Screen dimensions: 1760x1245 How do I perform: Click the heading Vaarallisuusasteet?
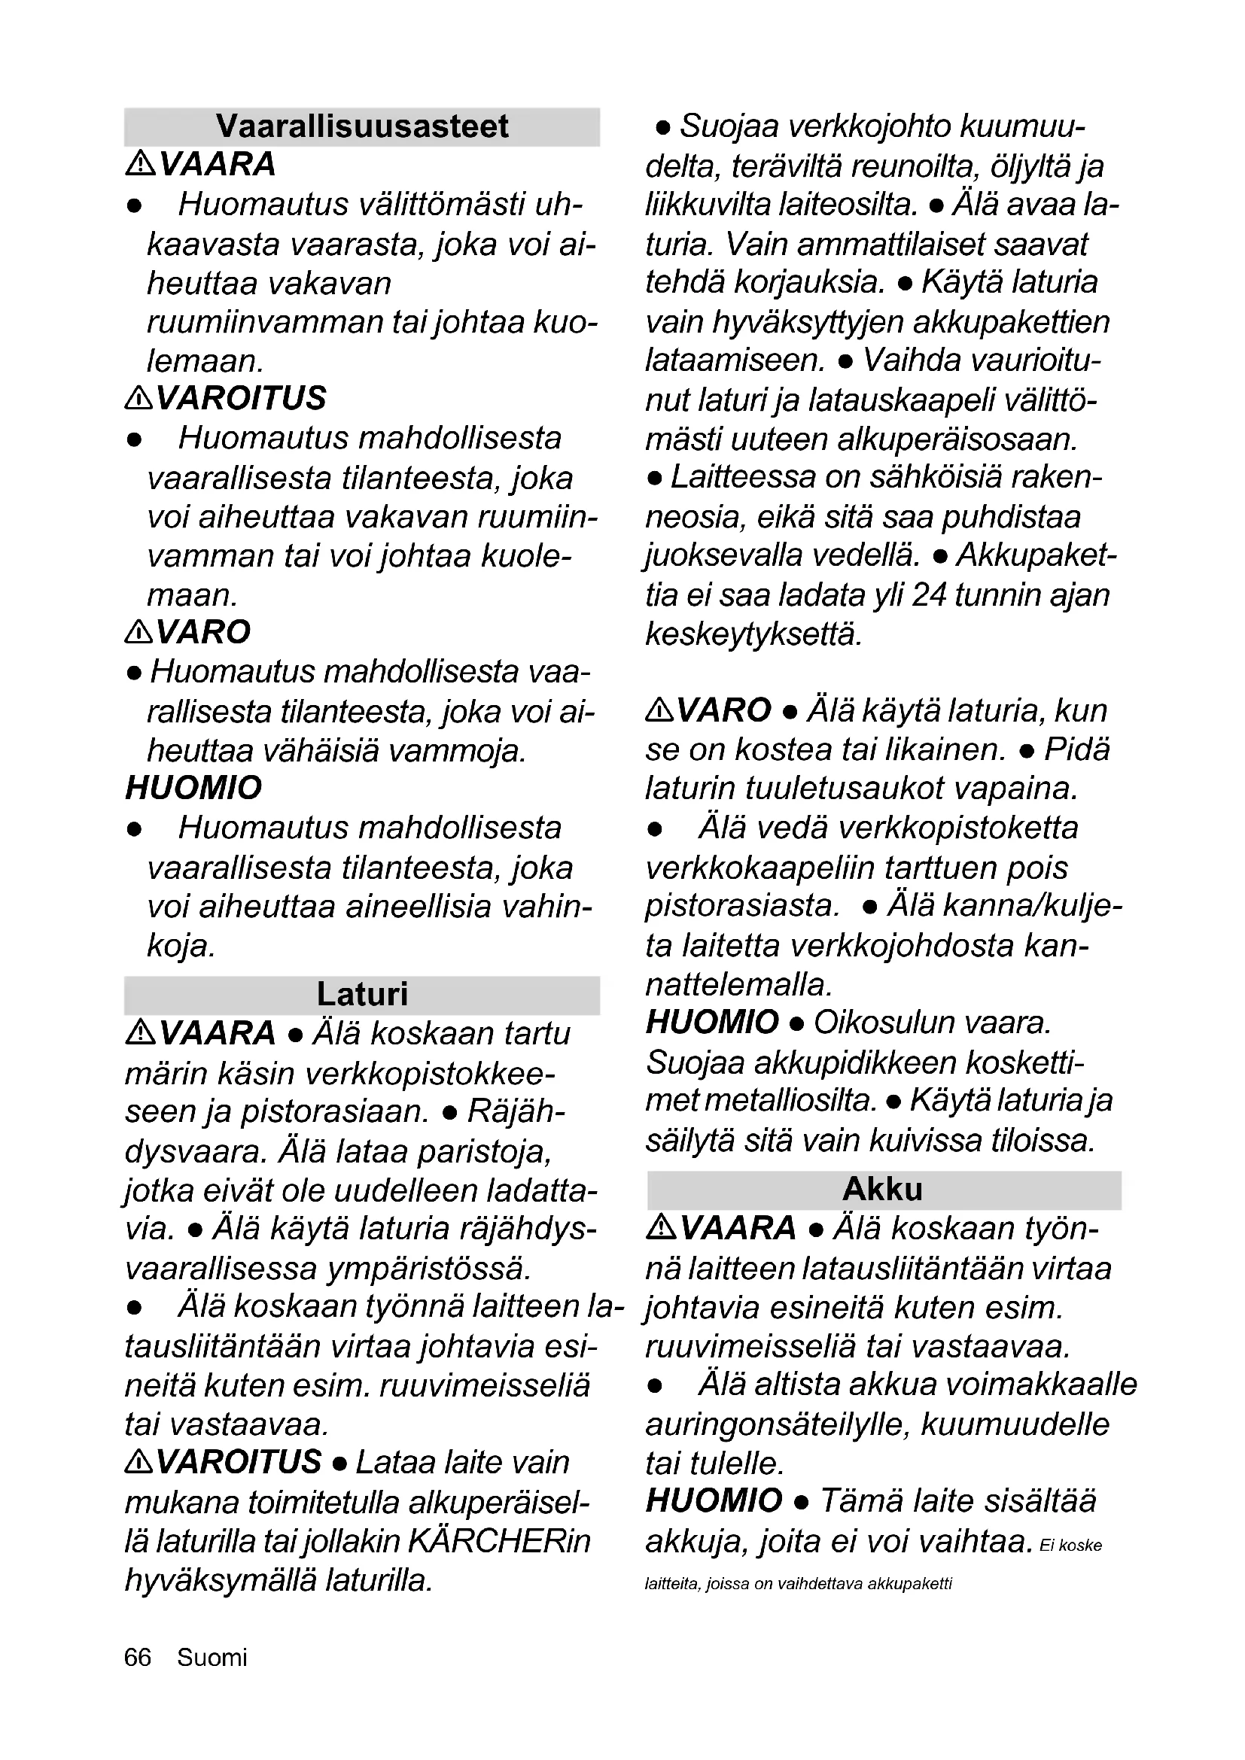[x=362, y=126]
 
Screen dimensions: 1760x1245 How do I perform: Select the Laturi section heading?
[x=362, y=995]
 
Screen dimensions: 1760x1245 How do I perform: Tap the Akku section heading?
[x=882, y=1190]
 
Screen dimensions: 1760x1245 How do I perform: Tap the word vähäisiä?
[x=321, y=751]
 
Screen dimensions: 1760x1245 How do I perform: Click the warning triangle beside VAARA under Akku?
[x=661, y=1227]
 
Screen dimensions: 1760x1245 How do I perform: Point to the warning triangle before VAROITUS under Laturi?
[x=139, y=1463]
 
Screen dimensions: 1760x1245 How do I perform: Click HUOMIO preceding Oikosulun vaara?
[x=712, y=1023]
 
